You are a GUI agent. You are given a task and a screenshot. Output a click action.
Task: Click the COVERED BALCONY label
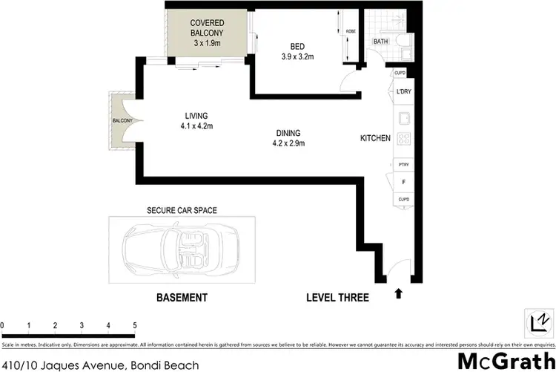point(207,33)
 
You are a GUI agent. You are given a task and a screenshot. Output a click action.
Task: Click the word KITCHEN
point(375,138)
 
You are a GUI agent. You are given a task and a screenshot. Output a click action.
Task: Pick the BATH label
point(381,42)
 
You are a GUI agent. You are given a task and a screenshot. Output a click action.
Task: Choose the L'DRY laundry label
point(404,91)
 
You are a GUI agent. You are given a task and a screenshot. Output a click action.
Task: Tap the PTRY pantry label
point(404,164)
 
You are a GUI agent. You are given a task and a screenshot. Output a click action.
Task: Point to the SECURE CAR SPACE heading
point(182,210)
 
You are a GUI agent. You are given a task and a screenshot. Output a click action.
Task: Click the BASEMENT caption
point(181,298)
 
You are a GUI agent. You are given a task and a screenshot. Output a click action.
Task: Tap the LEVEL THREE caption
point(337,298)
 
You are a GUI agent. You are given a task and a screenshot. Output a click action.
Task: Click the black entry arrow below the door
point(398,294)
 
